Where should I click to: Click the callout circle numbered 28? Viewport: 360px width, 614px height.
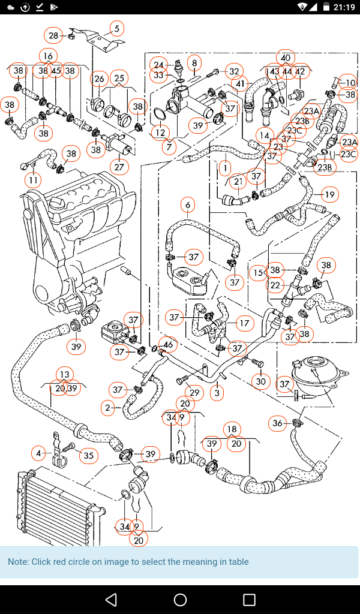click(53, 36)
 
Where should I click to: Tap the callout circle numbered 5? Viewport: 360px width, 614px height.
click(116, 28)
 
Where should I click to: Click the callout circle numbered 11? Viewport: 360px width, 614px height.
click(33, 179)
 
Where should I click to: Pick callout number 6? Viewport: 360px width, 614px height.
click(188, 206)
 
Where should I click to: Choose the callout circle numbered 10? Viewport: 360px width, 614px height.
click(350, 82)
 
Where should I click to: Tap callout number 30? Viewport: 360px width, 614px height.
click(260, 381)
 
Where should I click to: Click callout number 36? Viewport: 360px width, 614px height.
click(277, 423)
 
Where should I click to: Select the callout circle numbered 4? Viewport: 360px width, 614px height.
click(39, 453)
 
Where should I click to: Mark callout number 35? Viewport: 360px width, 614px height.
click(88, 456)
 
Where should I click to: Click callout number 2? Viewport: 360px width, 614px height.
click(108, 408)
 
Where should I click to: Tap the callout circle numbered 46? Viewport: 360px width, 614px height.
click(169, 345)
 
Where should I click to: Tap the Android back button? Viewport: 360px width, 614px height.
click(111, 600)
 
